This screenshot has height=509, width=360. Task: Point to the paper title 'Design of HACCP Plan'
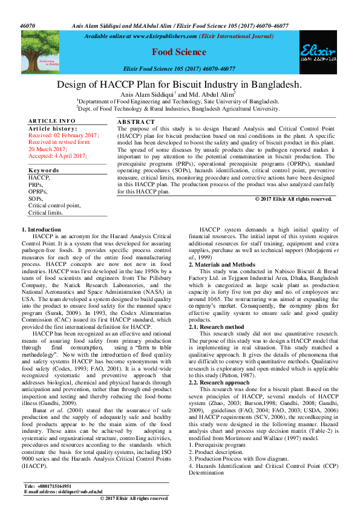coord(179,85)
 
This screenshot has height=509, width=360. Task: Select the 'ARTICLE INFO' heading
coord(52,122)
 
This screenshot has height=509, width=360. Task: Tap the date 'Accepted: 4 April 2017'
coord(57,155)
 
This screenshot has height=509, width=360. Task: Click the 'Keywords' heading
coord(44,170)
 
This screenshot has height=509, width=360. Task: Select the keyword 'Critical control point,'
coord(54,206)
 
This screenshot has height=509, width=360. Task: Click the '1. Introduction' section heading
coord(41,230)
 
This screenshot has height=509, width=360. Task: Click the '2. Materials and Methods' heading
coord(221,265)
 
